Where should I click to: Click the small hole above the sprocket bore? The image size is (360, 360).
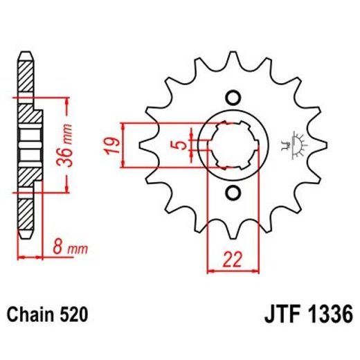click(233, 97)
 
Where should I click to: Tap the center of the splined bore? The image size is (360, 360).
click(233, 145)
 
